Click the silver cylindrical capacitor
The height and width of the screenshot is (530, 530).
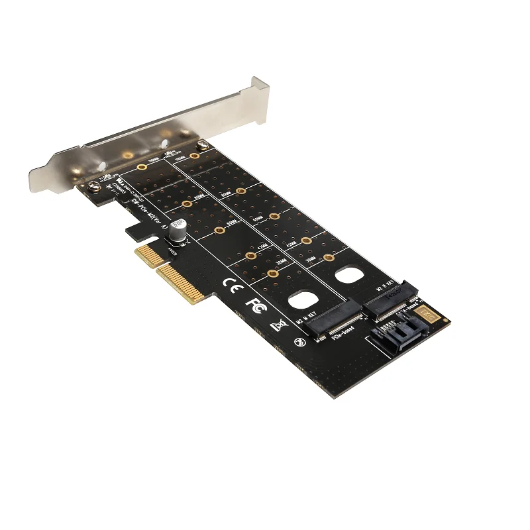click(x=178, y=233)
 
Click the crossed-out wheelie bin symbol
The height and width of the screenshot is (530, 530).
click(x=278, y=325)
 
